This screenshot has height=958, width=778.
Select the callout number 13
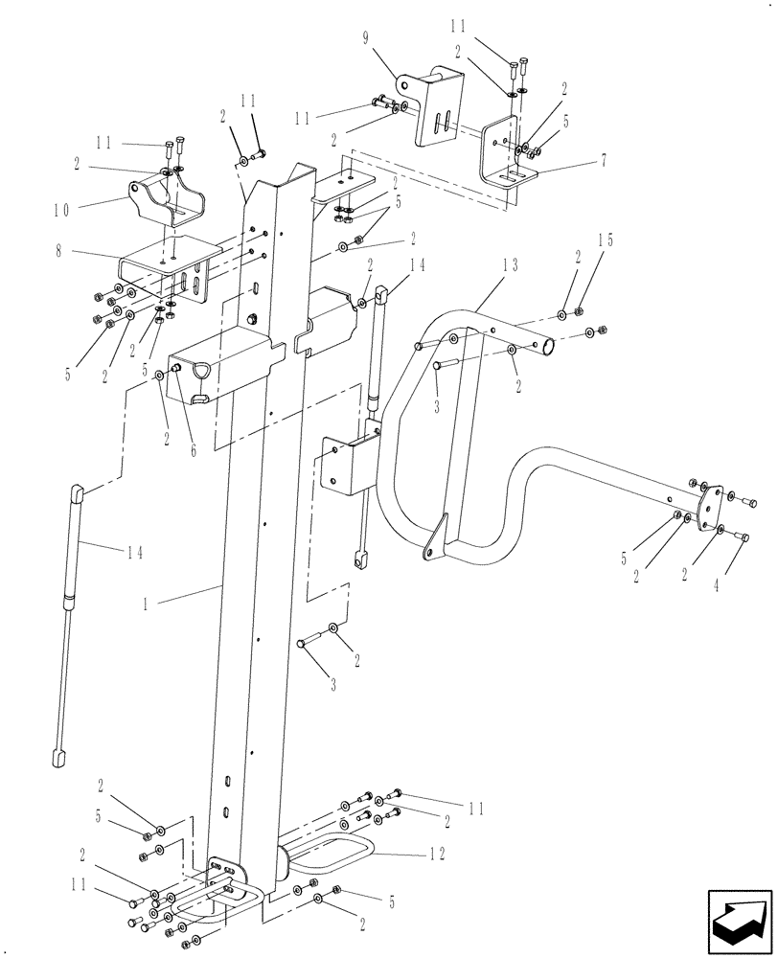[x=509, y=265]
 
